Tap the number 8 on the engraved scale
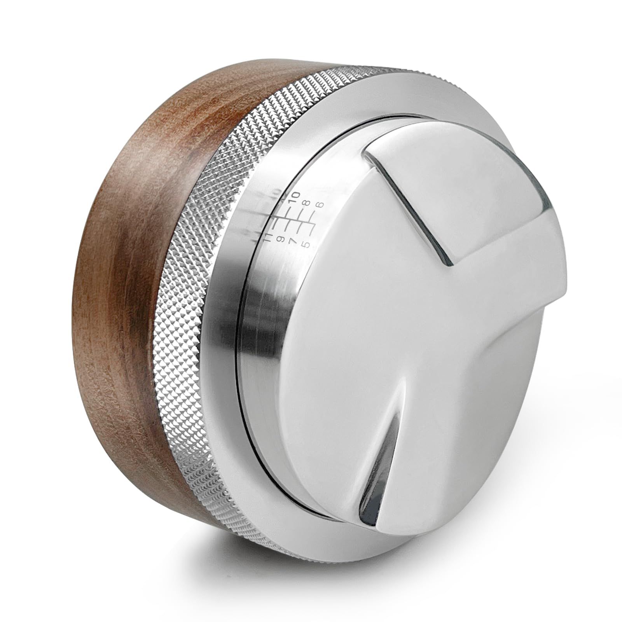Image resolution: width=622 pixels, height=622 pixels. point(306,203)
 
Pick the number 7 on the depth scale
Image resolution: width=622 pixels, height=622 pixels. point(293,241)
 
